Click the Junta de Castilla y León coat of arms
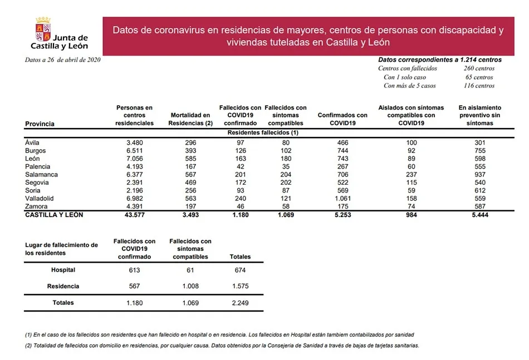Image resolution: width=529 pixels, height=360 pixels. pyautogui.click(x=43, y=27)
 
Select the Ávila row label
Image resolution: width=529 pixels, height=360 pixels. pyautogui.click(x=33, y=143)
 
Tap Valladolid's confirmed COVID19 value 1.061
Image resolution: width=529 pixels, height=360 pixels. pyautogui.click(x=342, y=199)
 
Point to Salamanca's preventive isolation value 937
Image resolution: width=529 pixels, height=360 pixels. pyautogui.click(x=480, y=175)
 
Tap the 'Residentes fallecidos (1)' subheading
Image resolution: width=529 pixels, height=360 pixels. pyautogui.click(x=263, y=133)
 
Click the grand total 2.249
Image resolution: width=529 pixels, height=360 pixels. pyautogui.click(x=240, y=303)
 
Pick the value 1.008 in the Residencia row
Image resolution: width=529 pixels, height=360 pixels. pyautogui.click(x=190, y=287)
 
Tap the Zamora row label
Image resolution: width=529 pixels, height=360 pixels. pyautogui.click(x=37, y=206)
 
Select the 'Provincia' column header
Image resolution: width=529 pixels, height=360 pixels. pyautogui.click(x=40, y=124)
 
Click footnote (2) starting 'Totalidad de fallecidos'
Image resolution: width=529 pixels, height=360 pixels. pyautogui.click(x=221, y=346)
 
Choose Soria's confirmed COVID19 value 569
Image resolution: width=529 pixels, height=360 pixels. pyautogui.click(x=342, y=191)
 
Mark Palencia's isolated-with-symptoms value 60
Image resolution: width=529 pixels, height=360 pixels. pyautogui.click(x=411, y=167)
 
